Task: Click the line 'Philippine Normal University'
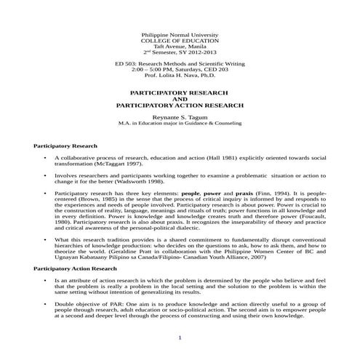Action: click(x=180, y=35)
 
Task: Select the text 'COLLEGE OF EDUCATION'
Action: click(x=180, y=41)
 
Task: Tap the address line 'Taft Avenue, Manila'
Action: click(x=180, y=47)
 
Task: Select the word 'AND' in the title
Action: click(x=180, y=99)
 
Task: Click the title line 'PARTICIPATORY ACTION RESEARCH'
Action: click(x=180, y=105)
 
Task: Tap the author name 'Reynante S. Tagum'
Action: click(x=180, y=116)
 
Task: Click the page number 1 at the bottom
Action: click(x=180, y=338)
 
